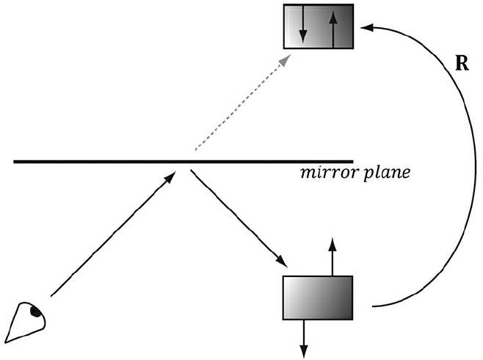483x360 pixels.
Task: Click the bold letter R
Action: (x=462, y=63)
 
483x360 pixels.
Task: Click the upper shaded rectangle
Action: (x=319, y=26)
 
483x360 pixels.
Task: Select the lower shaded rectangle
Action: (x=319, y=298)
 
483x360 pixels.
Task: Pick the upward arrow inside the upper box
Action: (x=334, y=28)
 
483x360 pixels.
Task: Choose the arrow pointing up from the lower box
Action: (x=333, y=257)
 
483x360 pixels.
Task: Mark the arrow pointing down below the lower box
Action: (x=303, y=337)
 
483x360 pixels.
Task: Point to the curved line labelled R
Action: (x=466, y=169)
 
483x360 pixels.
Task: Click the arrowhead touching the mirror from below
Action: (x=170, y=176)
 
